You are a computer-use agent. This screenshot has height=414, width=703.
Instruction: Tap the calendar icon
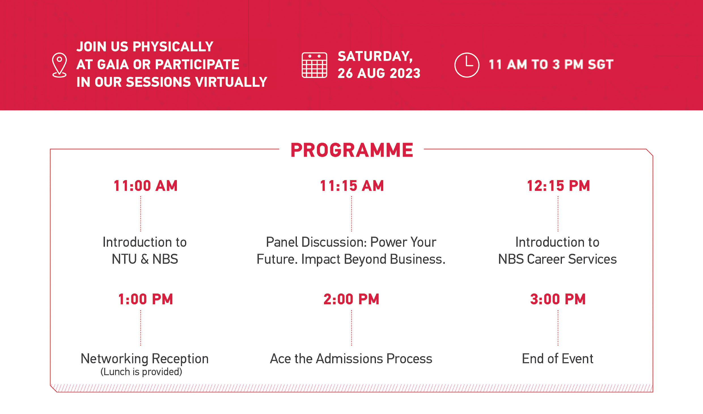(x=314, y=65)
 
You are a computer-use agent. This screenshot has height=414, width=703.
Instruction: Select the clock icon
(x=467, y=65)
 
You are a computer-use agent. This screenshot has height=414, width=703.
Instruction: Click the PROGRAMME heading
(x=352, y=150)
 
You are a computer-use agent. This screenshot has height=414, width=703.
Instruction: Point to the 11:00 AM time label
(x=145, y=186)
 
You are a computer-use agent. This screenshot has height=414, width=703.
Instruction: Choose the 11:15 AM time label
(x=352, y=186)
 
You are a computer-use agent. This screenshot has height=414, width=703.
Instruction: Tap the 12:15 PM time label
(x=558, y=186)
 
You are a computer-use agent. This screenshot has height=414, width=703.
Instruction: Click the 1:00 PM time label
(x=145, y=299)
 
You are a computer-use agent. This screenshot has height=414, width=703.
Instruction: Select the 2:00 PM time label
(x=351, y=299)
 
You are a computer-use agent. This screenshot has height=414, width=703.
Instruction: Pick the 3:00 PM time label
(x=558, y=299)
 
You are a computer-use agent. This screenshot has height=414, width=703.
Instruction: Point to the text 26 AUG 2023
(x=379, y=73)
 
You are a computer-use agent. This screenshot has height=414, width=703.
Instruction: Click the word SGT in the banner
(x=601, y=65)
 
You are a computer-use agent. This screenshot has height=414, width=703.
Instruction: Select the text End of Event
(x=558, y=359)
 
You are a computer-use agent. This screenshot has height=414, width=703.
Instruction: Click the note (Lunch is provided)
(x=141, y=372)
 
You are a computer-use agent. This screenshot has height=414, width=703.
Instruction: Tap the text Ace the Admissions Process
(x=351, y=359)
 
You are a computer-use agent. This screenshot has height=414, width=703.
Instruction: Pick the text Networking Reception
(x=145, y=359)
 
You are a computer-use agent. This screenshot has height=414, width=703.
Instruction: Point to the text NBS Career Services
(x=557, y=259)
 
